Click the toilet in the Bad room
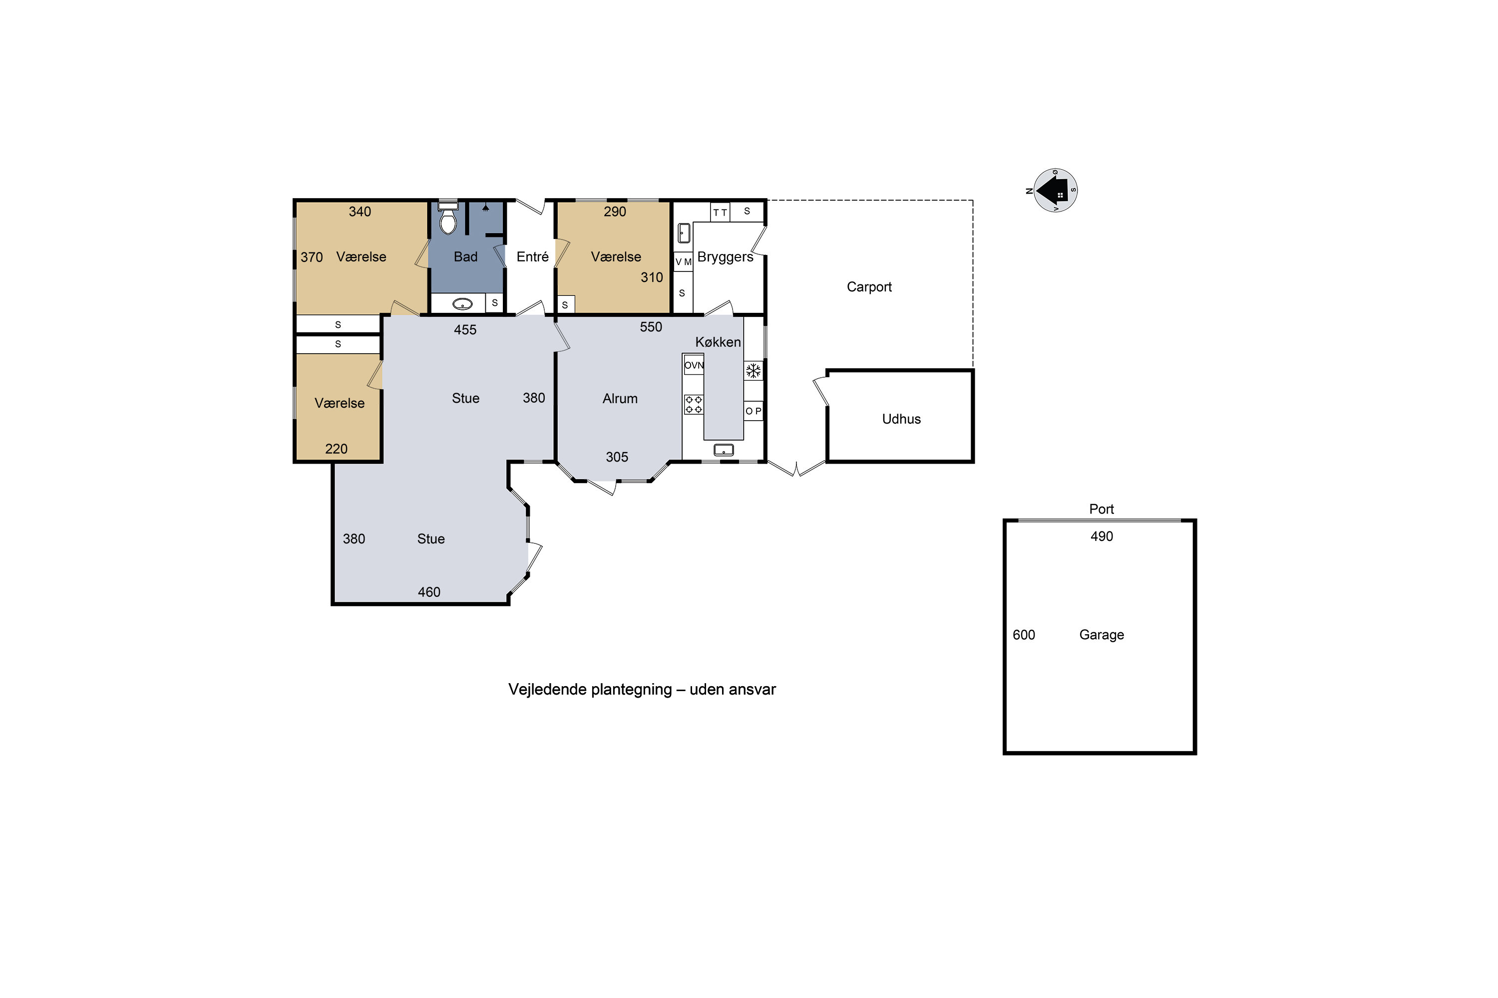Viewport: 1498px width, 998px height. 448,217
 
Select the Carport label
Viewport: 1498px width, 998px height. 869,287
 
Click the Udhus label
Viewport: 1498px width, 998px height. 901,419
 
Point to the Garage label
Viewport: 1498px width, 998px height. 1101,635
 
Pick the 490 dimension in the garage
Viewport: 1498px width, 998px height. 1101,536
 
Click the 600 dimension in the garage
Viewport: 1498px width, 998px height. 1024,635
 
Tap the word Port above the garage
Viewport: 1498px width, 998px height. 1101,509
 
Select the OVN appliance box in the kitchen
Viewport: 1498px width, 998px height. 694,365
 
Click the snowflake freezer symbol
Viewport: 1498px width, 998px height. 753,370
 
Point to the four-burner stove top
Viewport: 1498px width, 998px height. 694,404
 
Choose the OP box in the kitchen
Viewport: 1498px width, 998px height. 753,411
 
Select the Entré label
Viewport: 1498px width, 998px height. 532,256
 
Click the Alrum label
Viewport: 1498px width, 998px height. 620,398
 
